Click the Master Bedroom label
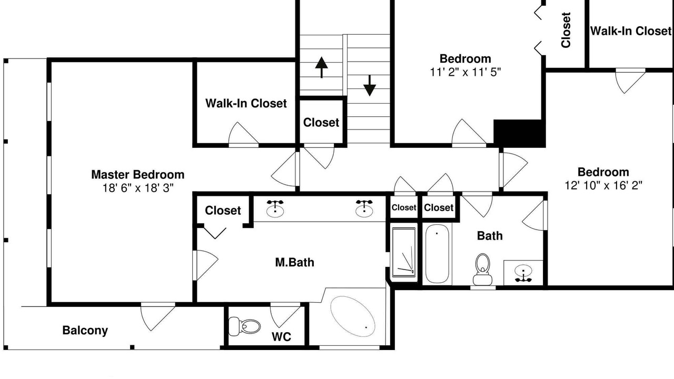[137, 175]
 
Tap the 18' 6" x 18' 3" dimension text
[138, 188]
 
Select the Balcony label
[85, 331]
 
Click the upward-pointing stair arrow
[322, 67]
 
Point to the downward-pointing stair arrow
[370, 86]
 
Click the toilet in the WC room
[244, 326]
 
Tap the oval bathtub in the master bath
[353, 316]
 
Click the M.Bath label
[294, 263]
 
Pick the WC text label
[281, 337]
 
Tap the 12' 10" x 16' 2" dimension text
[603, 186]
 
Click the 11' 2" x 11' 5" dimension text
[465, 73]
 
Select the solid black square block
[520, 133]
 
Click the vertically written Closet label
[566, 30]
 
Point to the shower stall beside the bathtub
[404, 252]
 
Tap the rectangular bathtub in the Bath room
[437, 254]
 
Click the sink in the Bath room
[523, 273]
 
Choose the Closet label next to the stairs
[321, 123]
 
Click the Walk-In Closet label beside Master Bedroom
[246, 104]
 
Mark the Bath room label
[490, 236]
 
